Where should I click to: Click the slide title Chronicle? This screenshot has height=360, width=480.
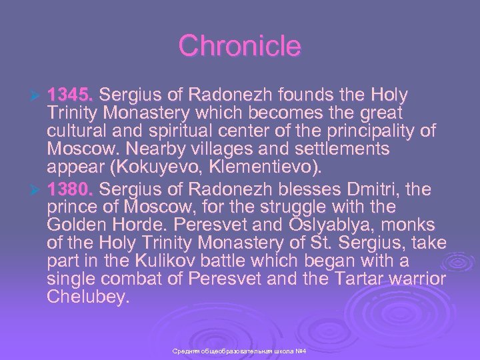[x=240, y=46]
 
